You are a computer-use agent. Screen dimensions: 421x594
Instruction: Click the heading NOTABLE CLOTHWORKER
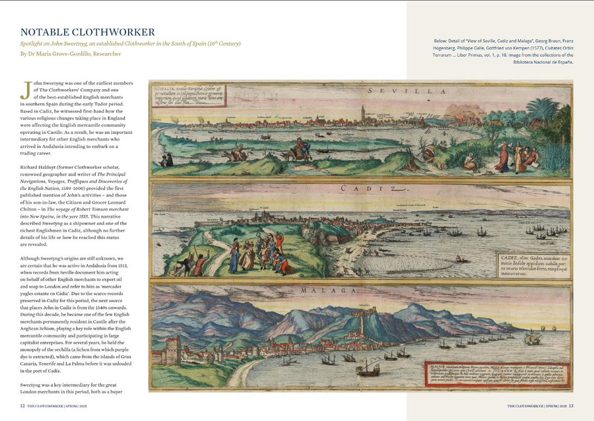click(x=88, y=32)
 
